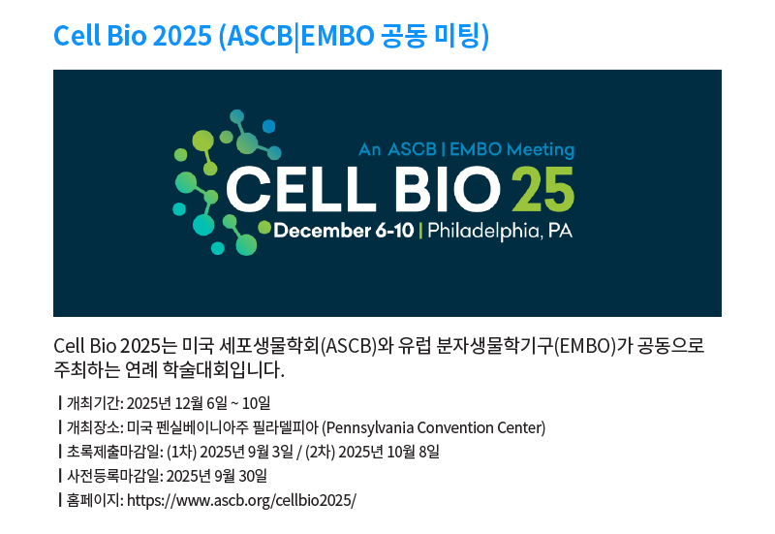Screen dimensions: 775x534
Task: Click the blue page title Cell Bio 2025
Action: pyautogui.click(x=133, y=36)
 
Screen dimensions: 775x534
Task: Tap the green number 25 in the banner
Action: pyautogui.click(x=542, y=189)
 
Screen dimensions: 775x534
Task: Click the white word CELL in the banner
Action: pyautogui.click(x=301, y=189)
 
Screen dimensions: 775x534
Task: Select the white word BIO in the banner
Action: pyautogui.click(x=449, y=189)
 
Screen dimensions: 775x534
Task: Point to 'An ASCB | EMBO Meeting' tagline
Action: pyautogui.click(x=467, y=149)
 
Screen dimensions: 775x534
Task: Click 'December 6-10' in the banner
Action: pyautogui.click(x=344, y=231)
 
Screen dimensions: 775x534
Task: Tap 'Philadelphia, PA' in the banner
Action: pyautogui.click(x=500, y=231)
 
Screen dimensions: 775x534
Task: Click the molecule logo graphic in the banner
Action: pyautogui.click(x=223, y=182)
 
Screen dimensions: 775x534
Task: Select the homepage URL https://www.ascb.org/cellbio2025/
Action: pyautogui.click(x=241, y=500)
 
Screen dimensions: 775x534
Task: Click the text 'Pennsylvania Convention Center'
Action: pyautogui.click(x=433, y=427)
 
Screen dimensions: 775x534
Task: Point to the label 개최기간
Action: pyautogui.click(x=93, y=403)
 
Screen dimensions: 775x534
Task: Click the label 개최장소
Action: pyautogui.click(x=93, y=427)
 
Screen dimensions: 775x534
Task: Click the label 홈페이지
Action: pyautogui.click(x=93, y=500)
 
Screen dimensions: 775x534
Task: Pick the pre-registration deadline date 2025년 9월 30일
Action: pyautogui.click(x=216, y=476)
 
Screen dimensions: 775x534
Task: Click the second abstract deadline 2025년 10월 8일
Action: pyautogui.click(x=389, y=452)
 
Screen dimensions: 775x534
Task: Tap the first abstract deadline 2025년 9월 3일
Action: pyautogui.click(x=247, y=452)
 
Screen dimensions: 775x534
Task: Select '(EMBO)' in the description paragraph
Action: pyautogui.click(x=585, y=346)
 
